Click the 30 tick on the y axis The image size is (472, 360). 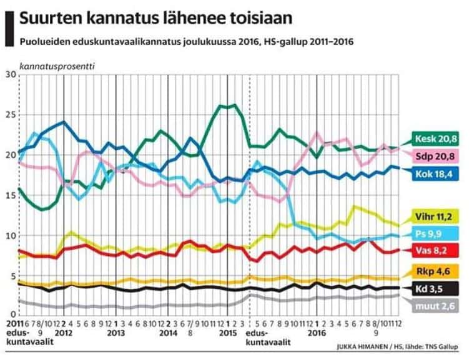pos(9,74)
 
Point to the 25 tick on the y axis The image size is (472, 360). pos(9,115)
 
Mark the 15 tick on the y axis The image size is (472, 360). pos(9,195)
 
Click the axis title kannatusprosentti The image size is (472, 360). pos(58,65)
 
